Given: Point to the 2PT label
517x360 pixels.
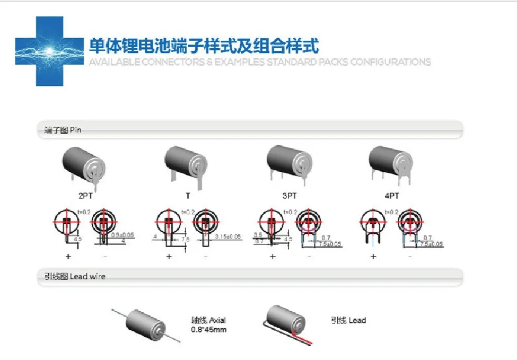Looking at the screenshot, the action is pos(85,196).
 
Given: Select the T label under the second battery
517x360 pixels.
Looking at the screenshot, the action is pos(188,196).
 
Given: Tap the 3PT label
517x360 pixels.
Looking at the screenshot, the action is pos(289,196).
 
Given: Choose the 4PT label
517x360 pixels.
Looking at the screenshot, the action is pos(391,196).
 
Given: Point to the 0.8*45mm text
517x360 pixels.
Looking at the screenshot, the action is pos(208,329).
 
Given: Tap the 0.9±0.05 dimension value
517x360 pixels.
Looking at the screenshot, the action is pos(122,234).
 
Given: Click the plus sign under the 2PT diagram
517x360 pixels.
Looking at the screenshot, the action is pos(68,257).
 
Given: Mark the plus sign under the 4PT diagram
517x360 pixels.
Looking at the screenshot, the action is pos(373,257).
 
